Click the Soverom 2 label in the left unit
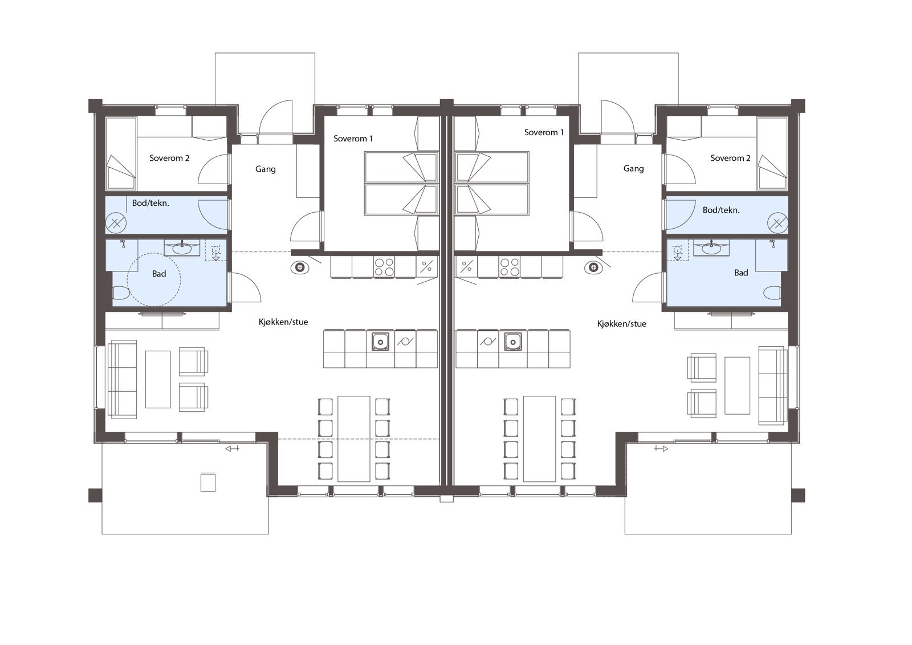coord(169,158)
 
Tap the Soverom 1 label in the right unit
coord(544,132)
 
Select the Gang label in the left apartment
coord(266,169)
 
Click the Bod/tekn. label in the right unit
coord(721,210)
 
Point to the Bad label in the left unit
coord(159,274)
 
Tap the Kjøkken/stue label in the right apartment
coord(621,324)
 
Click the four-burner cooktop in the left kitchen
coord(384,266)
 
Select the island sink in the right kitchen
coord(512,342)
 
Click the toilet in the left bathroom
coord(120,294)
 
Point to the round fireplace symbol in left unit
coord(299,267)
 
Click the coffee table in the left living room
coord(158,378)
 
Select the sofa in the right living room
coord(772,385)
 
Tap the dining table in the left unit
coord(353,438)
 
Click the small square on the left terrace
coord(208,482)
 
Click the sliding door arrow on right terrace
coord(661,449)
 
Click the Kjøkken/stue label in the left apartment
coord(283,322)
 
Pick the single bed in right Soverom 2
coord(771,153)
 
